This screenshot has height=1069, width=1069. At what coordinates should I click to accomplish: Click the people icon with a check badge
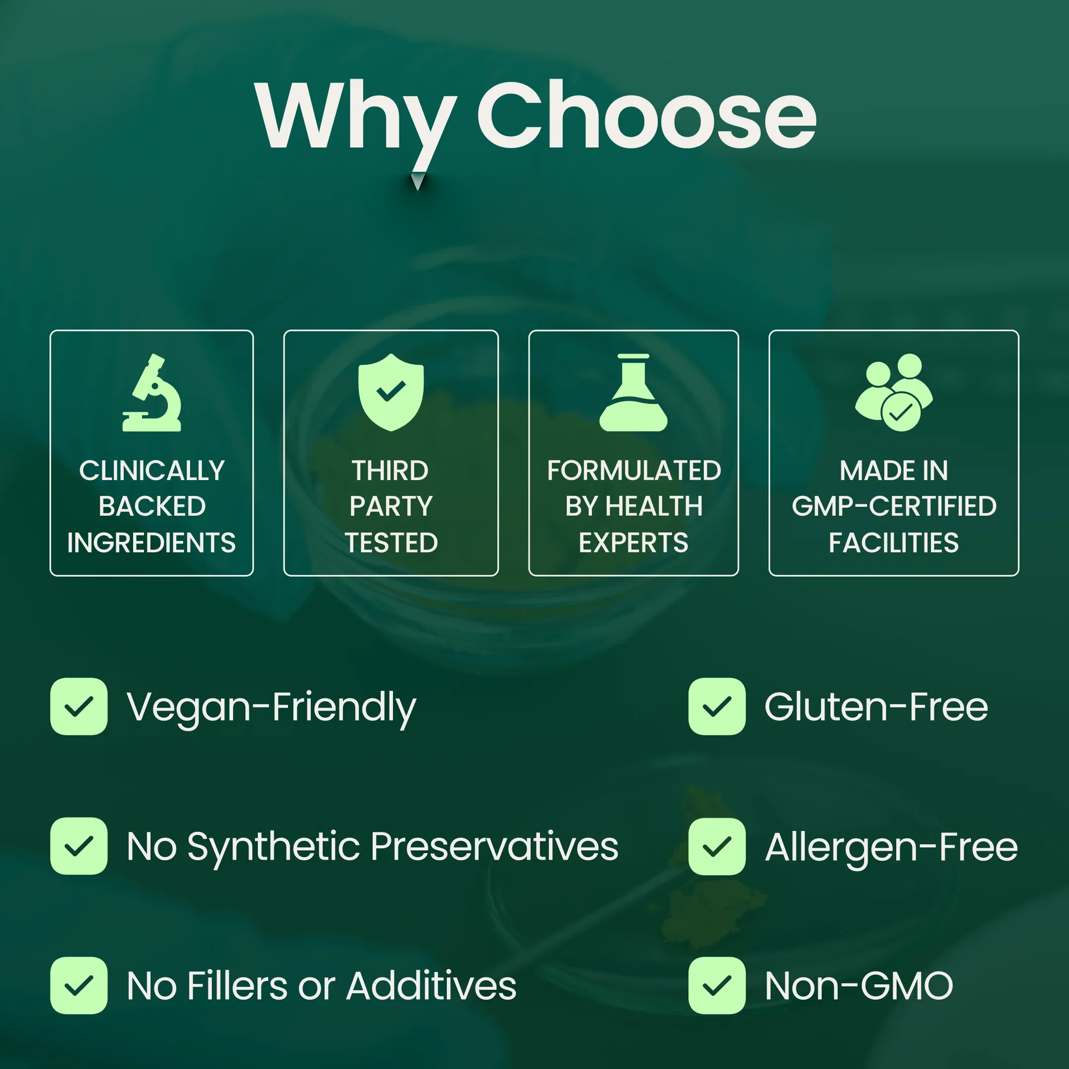click(x=894, y=393)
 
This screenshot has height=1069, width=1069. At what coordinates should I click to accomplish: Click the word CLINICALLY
click(x=152, y=471)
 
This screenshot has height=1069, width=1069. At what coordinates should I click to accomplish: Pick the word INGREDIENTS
click(x=151, y=543)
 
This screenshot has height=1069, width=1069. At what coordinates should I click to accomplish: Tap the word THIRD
click(x=390, y=471)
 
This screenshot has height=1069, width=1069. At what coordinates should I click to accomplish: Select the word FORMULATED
click(x=634, y=471)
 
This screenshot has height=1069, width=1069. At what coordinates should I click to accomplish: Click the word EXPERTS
click(x=634, y=543)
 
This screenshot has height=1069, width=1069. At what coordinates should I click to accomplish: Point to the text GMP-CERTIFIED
click(x=894, y=506)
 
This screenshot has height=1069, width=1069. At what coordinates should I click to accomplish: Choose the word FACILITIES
click(x=894, y=543)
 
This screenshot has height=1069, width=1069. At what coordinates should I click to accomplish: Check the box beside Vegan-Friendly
click(x=79, y=706)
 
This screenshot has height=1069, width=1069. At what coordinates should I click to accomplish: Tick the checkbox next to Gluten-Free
click(x=717, y=706)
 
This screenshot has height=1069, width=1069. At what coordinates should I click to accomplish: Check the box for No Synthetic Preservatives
click(x=79, y=846)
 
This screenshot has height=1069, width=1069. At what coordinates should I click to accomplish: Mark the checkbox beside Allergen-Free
click(x=717, y=846)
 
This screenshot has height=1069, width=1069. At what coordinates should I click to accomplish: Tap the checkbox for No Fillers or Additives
click(x=79, y=985)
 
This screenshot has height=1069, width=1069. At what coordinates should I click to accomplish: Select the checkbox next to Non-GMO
click(x=717, y=985)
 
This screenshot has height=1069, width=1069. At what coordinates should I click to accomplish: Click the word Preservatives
click(x=494, y=846)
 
